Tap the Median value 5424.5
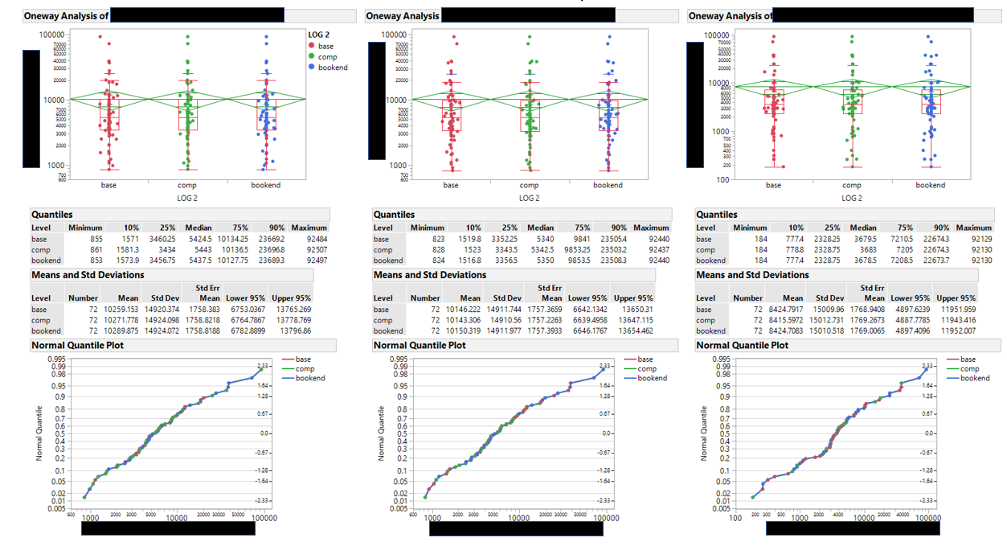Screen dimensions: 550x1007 click(x=198, y=239)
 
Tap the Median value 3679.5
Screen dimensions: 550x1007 click(x=863, y=239)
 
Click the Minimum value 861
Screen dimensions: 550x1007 click(x=95, y=249)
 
